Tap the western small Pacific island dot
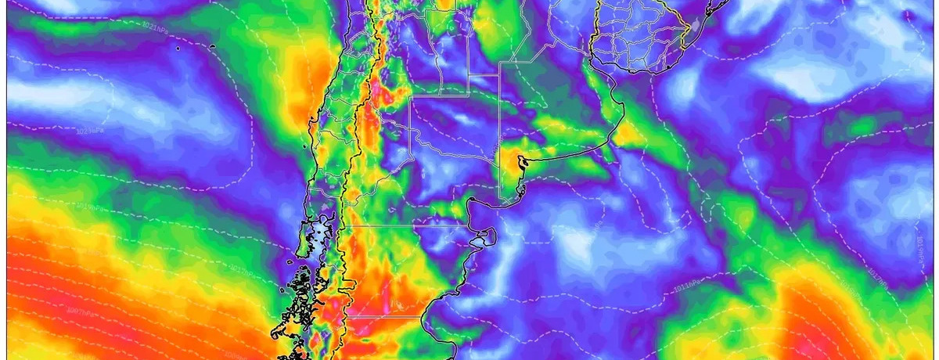[x=178, y=49]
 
